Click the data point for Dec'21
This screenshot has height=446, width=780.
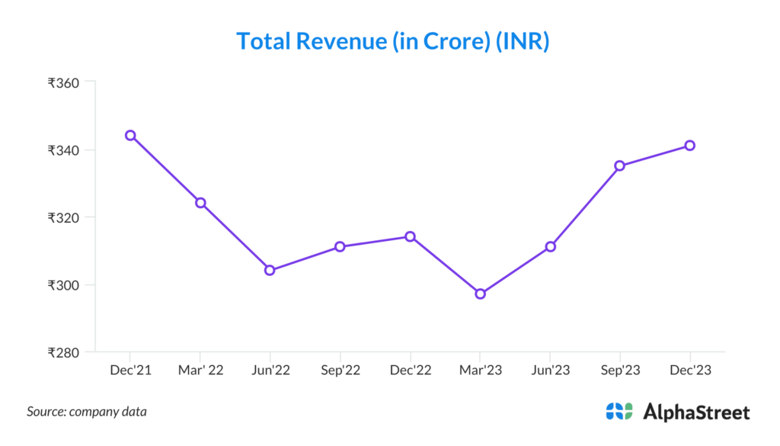coord(130,135)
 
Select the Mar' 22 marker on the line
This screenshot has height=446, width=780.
coord(200,203)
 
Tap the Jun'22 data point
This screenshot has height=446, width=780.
coord(270,270)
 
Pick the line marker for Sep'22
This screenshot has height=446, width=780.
coord(340,246)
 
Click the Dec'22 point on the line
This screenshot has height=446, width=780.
coord(410,236)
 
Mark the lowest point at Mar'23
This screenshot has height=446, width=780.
coord(480,294)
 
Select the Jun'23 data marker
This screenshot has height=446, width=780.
coord(550,246)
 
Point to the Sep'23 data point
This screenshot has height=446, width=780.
coord(620,165)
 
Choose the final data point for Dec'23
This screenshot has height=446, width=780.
coord(689,145)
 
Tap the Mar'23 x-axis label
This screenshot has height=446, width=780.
coord(480,371)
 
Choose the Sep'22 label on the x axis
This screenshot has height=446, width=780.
coord(340,371)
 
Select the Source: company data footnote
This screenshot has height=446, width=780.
coord(87,412)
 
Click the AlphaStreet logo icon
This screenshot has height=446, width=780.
coord(619,412)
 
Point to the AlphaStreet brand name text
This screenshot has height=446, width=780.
coord(696,412)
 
